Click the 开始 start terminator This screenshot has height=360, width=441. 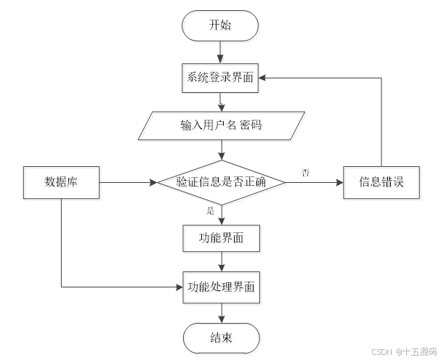222,28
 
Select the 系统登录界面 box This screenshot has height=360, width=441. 222,78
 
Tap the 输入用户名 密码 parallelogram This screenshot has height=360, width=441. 222,126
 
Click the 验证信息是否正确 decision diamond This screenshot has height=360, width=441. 222,183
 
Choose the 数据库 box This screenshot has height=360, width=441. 61,183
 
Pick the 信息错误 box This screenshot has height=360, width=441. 382,183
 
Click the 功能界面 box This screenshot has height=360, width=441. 222,238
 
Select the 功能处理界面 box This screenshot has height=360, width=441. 222,287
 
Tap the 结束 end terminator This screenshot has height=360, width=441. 222,338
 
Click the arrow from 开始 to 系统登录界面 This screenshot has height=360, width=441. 222,52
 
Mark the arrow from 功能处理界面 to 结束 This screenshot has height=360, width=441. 222,313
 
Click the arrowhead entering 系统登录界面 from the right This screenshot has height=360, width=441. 267,78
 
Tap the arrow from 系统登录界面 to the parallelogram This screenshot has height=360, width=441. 222,102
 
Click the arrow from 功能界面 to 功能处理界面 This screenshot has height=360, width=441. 222,263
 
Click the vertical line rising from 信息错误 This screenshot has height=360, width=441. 382,123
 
